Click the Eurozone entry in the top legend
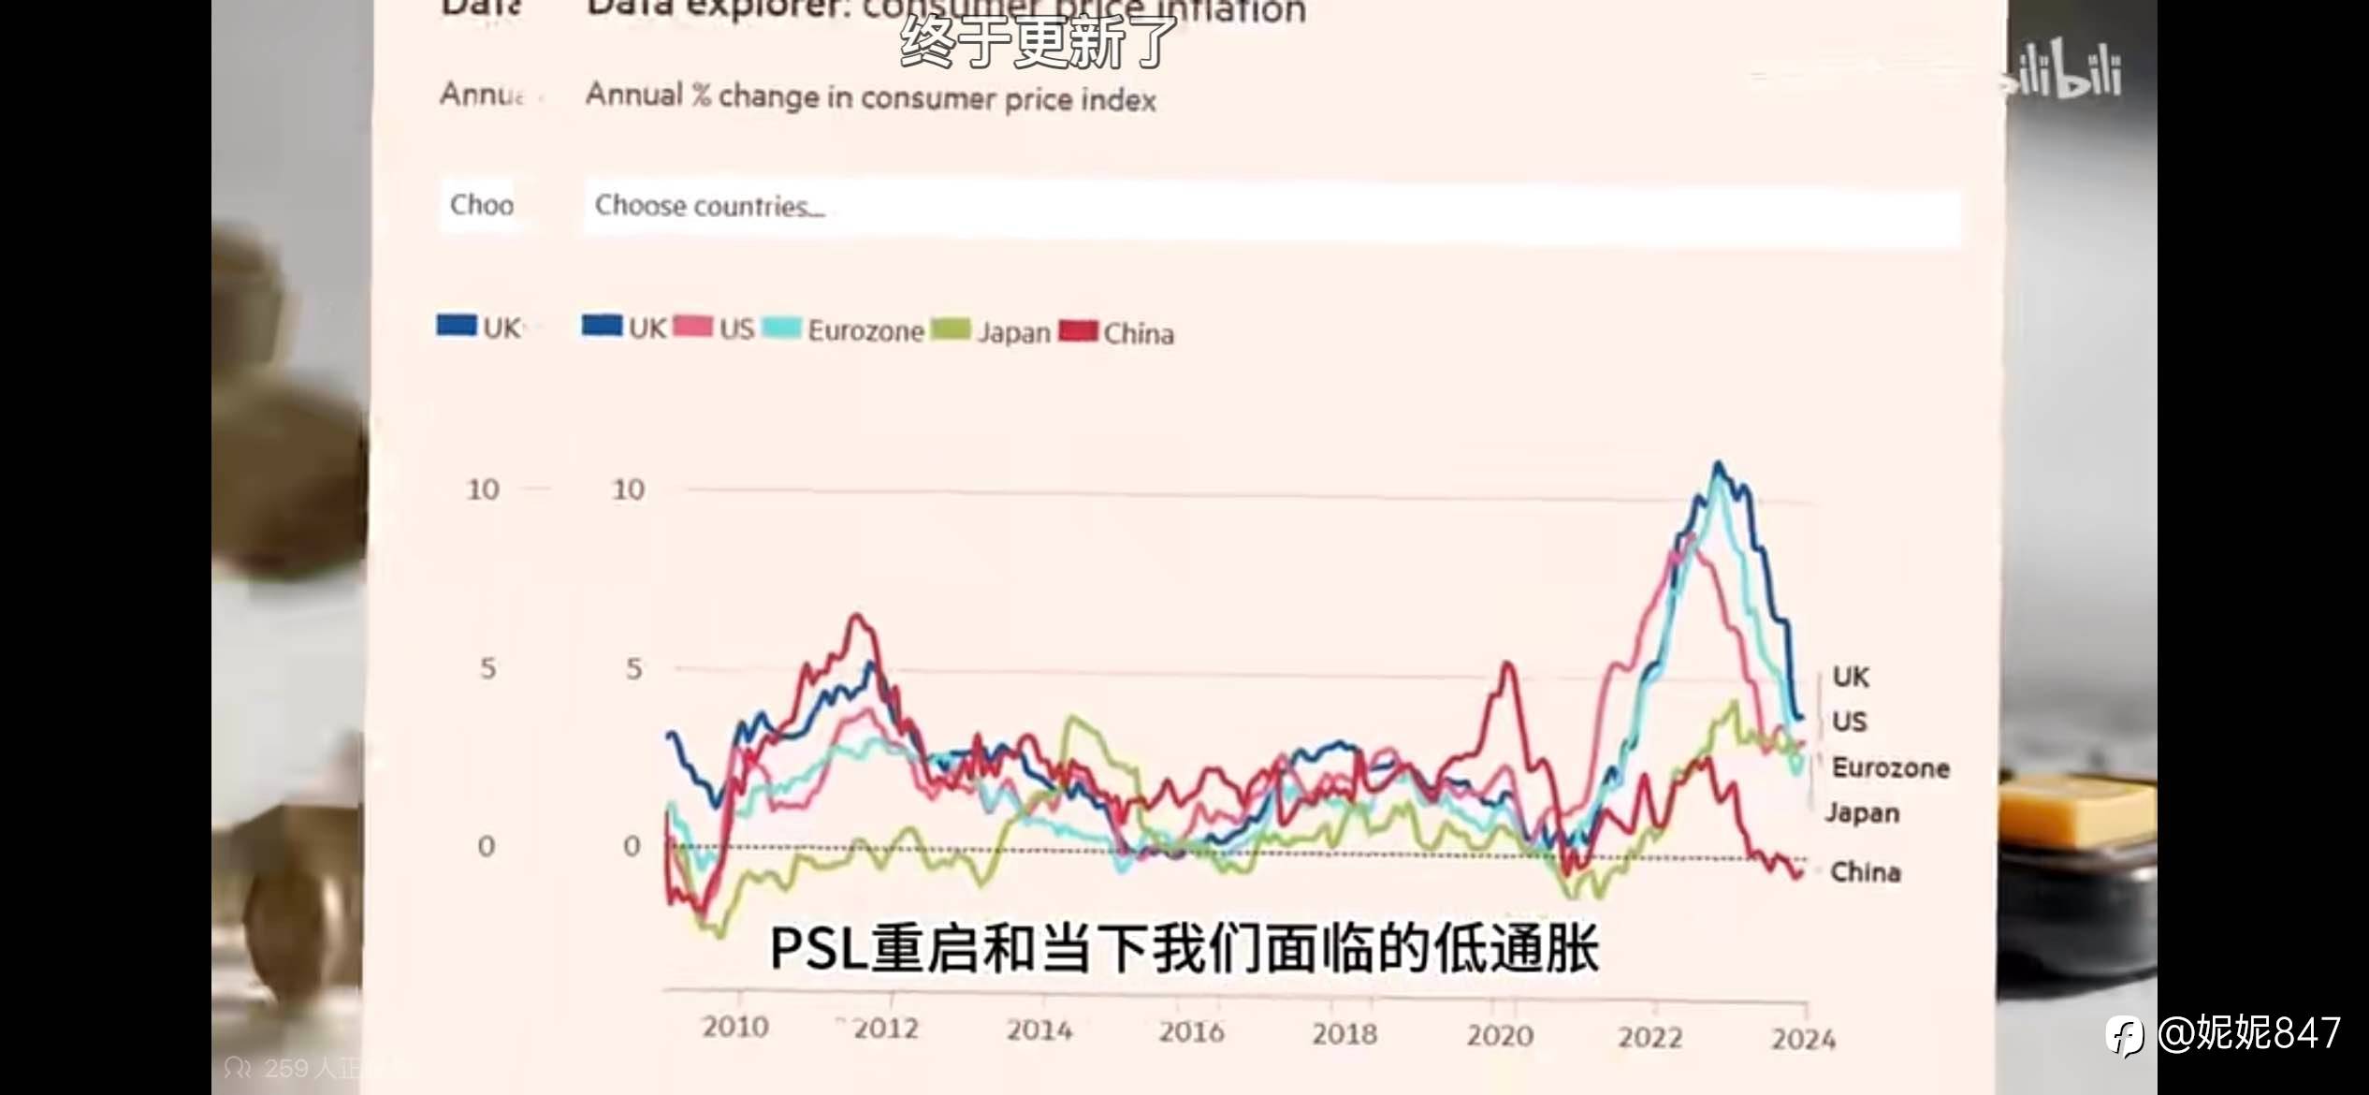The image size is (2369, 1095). click(865, 331)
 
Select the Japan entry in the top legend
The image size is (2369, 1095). click(1013, 332)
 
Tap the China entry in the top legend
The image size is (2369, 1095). click(1138, 333)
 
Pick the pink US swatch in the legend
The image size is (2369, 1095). click(692, 327)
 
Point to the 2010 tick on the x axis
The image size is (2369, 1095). click(735, 1028)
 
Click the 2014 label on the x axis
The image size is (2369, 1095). click(1039, 1030)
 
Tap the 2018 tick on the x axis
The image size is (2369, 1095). click(1344, 1034)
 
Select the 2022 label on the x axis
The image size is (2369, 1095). click(1650, 1037)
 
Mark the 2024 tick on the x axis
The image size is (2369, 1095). click(1803, 1039)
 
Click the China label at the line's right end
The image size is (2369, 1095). click(1865, 872)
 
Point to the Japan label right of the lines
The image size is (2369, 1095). click(1862, 812)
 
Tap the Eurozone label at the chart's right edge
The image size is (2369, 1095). click(1890, 768)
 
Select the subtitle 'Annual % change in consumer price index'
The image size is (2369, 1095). click(870, 97)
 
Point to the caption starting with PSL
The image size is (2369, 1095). click(1184, 948)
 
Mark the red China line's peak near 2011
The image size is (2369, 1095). click(856, 616)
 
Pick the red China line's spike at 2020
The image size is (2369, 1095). click(1507, 664)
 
